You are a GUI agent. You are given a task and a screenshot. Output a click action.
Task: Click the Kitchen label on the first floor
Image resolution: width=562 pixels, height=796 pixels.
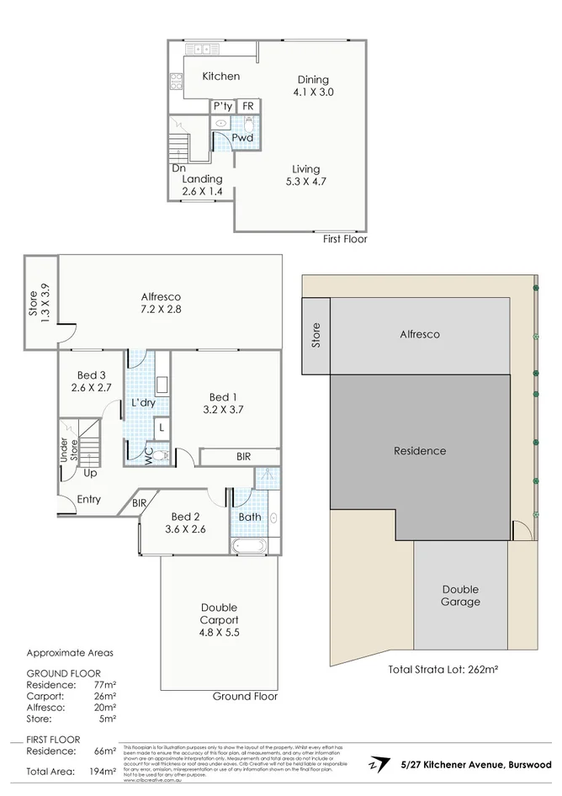pos(221,77)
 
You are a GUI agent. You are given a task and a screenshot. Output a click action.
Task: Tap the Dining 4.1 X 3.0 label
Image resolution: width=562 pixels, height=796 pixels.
pos(313,86)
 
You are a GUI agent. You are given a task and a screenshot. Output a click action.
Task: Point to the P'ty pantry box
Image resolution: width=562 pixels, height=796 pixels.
pos(222,106)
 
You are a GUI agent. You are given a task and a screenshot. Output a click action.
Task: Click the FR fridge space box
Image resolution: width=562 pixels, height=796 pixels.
pos(248,106)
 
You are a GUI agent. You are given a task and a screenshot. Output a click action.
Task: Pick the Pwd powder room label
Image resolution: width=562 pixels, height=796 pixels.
pos(242,137)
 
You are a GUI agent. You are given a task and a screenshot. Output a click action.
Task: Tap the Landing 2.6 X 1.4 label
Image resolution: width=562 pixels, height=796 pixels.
pos(202,185)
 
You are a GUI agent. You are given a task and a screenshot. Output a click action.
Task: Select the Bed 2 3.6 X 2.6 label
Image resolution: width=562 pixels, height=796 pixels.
pos(188,523)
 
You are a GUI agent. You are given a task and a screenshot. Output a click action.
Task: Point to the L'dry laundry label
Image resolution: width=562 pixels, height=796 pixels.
pos(146,403)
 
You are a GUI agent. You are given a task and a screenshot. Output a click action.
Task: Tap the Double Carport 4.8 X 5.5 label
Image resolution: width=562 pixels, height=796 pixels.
pos(219,620)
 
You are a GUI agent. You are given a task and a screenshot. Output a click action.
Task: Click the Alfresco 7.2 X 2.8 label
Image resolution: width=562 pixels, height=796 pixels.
pos(162,303)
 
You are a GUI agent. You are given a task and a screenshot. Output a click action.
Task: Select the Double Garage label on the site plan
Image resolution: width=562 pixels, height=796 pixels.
pos(460,595)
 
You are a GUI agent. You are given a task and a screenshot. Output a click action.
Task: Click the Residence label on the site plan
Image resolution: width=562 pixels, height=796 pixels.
pos(420,451)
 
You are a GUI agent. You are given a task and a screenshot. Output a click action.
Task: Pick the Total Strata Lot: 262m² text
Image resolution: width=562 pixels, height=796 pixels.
pos(443,670)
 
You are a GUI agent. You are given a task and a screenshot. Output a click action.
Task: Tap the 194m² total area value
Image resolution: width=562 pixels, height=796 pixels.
pos(103,771)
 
